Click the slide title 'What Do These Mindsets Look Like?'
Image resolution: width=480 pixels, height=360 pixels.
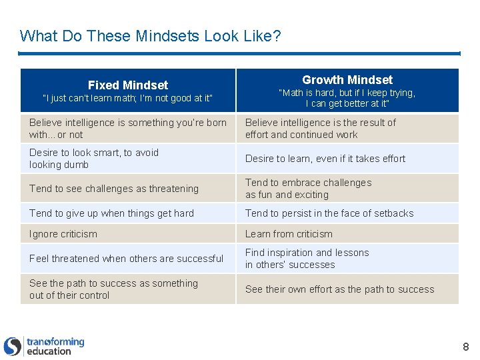pyautogui.click(x=150, y=35)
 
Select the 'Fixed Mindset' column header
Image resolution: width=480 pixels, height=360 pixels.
pyautogui.click(x=128, y=85)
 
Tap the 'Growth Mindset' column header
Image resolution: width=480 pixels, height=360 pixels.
pyautogui.click(x=347, y=79)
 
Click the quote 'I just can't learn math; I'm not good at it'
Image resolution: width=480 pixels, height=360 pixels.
pyautogui.click(x=127, y=99)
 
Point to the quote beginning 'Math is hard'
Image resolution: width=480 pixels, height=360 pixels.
pyautogui.click(x=347, y=98)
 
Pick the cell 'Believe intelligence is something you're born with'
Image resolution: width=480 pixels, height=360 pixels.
pyautogui.click(x=128, y=128)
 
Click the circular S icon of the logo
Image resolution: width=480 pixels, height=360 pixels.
pyautogui.click(x=13, y=346)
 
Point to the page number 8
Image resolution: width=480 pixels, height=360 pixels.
pyautogui.click(x=465, y=347)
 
